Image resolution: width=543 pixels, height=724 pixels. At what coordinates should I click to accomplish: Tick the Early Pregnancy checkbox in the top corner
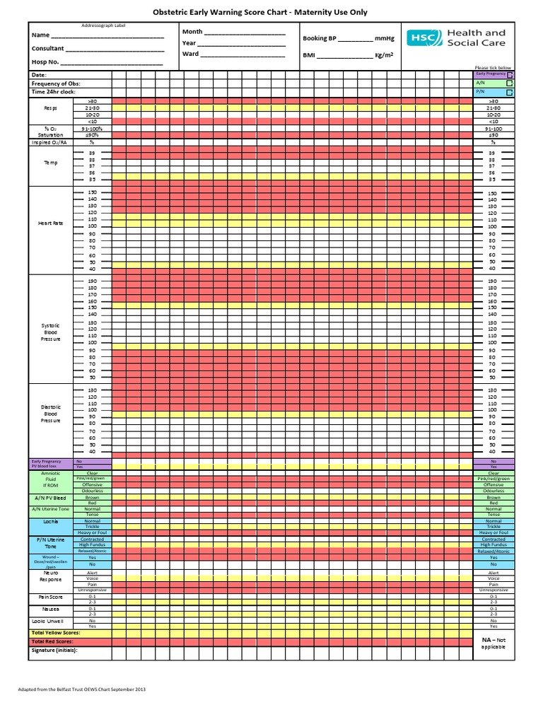pyautogui.click(x=510, y=74)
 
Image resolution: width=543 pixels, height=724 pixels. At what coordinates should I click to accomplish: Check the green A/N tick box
pyautogui.click(x=510, y=83)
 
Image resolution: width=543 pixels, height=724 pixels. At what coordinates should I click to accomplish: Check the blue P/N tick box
pyautogui.click(x=510, y=91)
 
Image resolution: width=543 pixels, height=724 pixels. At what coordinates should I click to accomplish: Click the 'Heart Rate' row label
pyautogui.click(x=51, y=223)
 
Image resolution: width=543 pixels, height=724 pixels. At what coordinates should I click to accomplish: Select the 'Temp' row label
pyautogui.click(x=51, y=163)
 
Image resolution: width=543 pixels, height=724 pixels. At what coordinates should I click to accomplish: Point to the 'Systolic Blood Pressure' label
pyautogui.click(x=51, y=332)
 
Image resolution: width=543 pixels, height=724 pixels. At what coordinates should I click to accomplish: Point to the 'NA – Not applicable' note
pyautogui.click(x=494, y=643)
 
